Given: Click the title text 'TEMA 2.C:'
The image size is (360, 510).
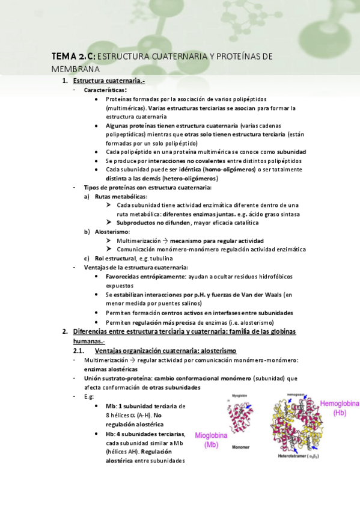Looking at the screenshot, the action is (73, 57).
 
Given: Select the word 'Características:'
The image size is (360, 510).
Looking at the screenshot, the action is (105, 90).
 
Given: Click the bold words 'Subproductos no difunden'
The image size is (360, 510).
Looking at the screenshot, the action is (151, 223).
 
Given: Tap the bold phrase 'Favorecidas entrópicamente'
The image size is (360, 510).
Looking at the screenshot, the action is (144, 277).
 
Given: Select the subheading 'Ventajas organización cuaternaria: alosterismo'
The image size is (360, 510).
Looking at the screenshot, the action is (166, 351).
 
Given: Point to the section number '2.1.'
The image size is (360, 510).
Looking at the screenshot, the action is (81, 351).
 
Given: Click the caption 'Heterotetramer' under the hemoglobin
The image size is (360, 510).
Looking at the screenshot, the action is (290, 457).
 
